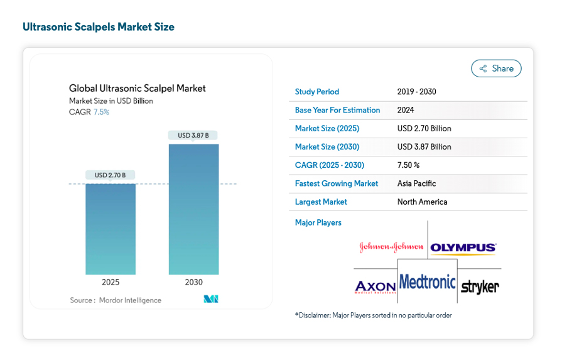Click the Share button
(x=496, y=68)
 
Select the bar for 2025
(x=111, y=229)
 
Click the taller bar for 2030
(x=193, y=209)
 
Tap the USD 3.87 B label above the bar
(x=193, y=136)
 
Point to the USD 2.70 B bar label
(x=110, y=175)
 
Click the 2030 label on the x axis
(x=193, y=282)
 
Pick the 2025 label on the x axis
(x=111, y=282)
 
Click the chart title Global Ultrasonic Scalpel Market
(x=138, y=88)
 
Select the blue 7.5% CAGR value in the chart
(x=102, y=112)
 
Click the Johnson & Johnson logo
(x=391, y=247)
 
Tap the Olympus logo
(x=463, y=248)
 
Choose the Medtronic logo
(x=427, y=282)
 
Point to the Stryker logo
(x=480, y=287)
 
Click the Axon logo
(x=376, y=287)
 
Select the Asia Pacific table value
(x=416, y=183)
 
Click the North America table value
(x=422, y=202)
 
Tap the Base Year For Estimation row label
(x=337, y=110)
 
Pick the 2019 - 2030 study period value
(x=416, y=92)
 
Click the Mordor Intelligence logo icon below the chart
(x=211, y=299)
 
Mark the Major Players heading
(x=318, y=222)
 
